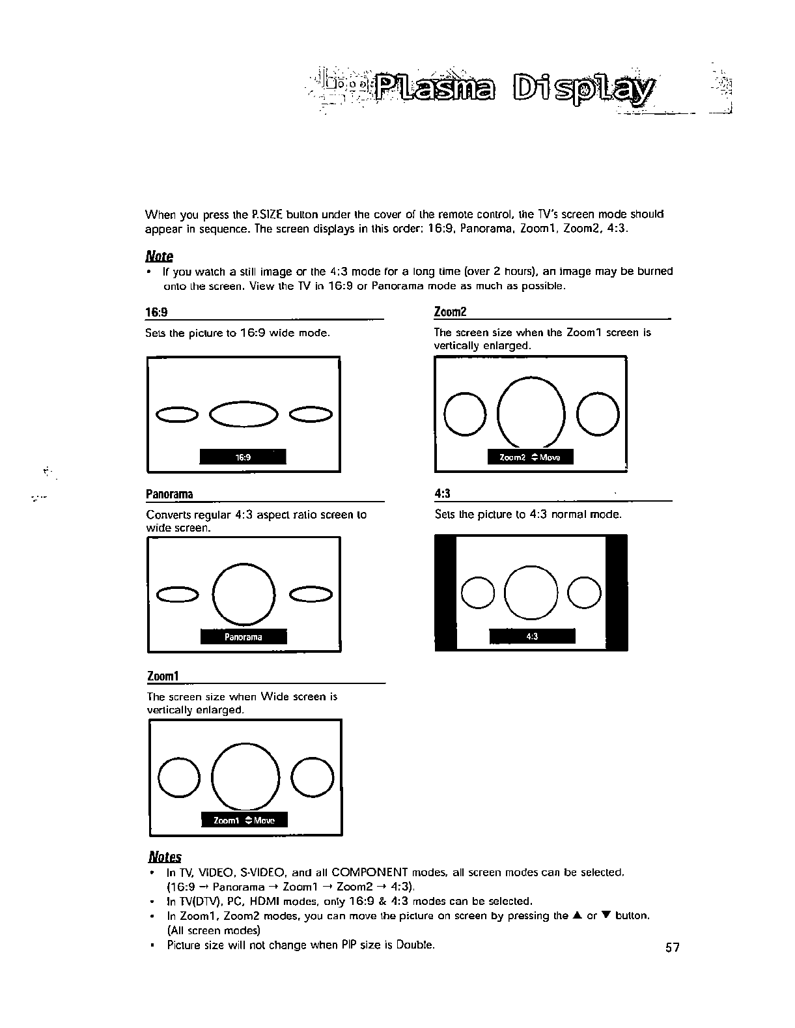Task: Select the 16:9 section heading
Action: point(156,312)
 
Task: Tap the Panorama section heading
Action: point(169,494)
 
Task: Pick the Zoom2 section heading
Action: point(451,312)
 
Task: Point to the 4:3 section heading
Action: point(443,494)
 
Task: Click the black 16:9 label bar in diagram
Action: point(243,457)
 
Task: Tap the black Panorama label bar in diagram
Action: point(244,637)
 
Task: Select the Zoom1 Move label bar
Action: point(244,820)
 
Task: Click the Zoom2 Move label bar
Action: point(530,457)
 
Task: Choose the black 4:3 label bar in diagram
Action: point(532,636)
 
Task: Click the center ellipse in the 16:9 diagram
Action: point(243,414)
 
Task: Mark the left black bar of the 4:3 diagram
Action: point(445,592)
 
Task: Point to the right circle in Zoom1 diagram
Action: point(313,777)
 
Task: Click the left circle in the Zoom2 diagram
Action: point(465,414)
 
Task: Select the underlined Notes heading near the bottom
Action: point(165,857)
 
